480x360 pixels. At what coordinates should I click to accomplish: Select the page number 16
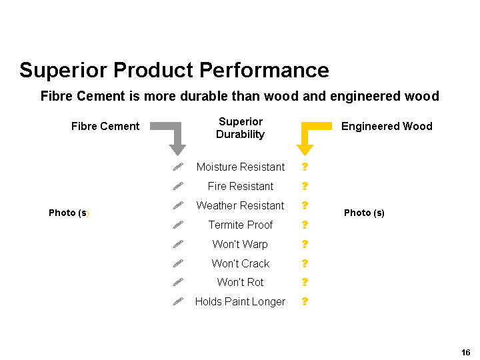pos(465,353)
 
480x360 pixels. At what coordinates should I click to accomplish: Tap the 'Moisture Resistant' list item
pos(241,167)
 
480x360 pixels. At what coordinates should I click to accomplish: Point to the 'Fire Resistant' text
pos(241,187)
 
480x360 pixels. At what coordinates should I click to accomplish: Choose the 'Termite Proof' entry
pos(241,225)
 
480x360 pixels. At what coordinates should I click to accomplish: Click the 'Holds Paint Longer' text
pos(240,302)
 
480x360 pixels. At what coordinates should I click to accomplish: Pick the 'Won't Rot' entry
pos(240,282)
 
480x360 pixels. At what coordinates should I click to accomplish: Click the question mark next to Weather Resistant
pos(305,205)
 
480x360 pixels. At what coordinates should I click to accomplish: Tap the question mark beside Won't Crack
pos(305,263)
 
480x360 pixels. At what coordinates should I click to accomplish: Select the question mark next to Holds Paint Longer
pos(305,301)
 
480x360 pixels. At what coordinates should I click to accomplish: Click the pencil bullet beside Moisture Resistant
pos(178,167)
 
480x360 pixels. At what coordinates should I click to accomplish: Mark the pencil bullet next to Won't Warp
pos(178,244)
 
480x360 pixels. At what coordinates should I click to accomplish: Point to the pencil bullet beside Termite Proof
pos(178,225)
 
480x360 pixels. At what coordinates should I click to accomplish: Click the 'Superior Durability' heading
pos(241,128)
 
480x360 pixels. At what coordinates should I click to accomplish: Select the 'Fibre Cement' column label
pos(105,127)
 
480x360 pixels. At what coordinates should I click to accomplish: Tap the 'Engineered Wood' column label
pos(387,127)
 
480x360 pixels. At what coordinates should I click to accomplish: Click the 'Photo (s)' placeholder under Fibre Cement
pos(69,213)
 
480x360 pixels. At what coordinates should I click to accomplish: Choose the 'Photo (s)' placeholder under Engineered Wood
pos(364,213)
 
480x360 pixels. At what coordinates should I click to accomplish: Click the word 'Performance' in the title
pos(264,71)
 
